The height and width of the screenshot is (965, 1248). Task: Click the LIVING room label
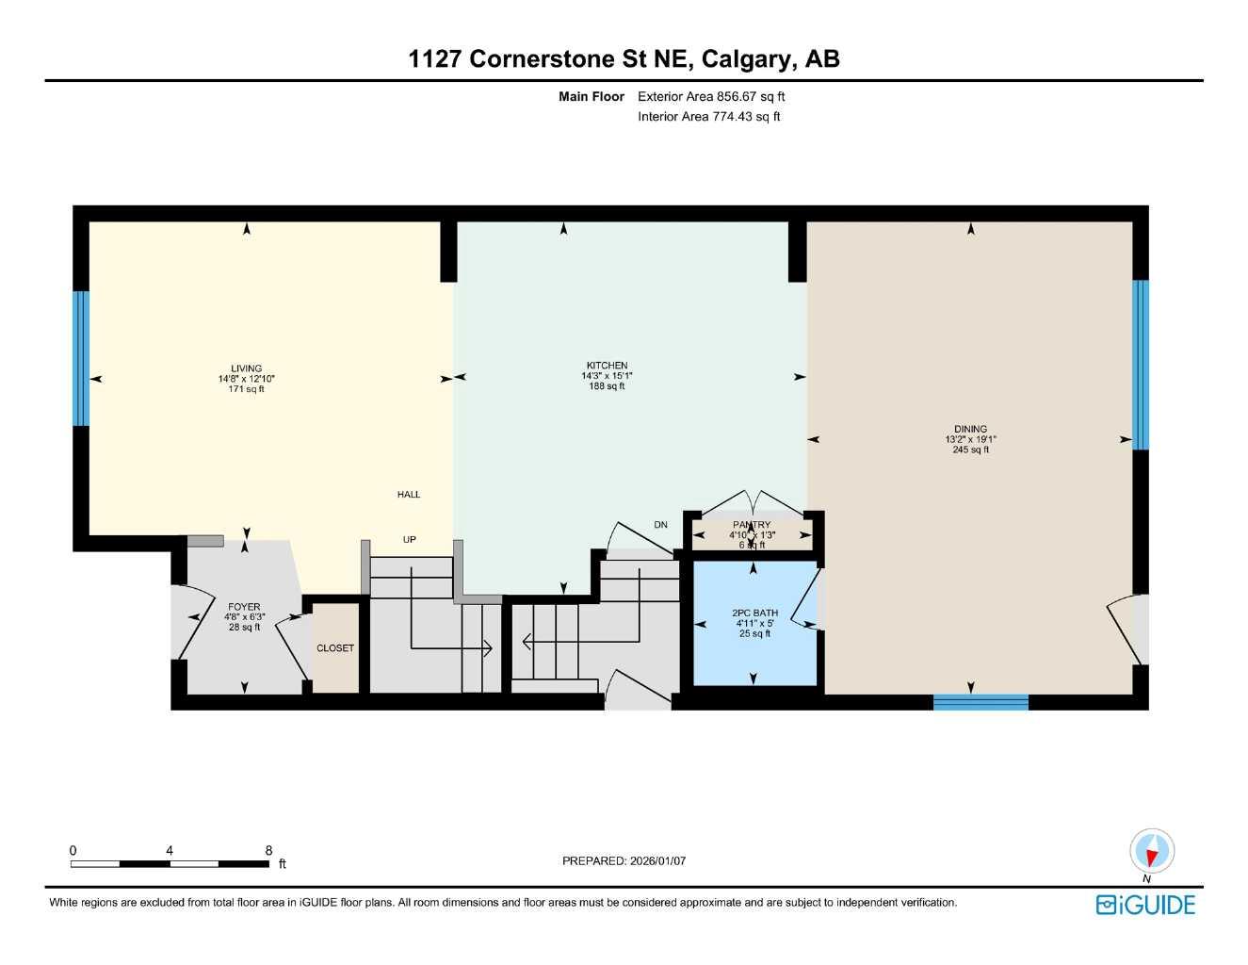[x=246, y=368]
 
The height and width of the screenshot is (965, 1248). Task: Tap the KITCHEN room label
[x=607, y=365]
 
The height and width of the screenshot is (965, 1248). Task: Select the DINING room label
[x=970, y=429]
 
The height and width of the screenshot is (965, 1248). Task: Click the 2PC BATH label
[x=754, y=613]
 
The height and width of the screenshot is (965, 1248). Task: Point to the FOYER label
[x=244, y=607]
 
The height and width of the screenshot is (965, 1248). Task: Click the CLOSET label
[x=335, y=648]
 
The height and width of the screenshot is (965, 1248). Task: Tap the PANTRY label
[x=752, y=525]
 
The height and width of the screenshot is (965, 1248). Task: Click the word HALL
[x=409, y=494]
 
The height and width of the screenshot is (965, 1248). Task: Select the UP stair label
[x=410, y=540]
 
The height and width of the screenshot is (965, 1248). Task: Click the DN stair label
[x=660, y=525]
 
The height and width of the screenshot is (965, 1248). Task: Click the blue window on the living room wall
[x=81, y=358]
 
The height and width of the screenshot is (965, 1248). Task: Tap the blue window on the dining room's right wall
[x=1141, y=365]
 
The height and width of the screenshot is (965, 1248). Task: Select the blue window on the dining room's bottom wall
[x=981, y=701]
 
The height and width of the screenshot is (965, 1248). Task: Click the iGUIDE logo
[x=1145, y=905]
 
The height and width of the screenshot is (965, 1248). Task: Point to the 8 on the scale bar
[x=268, y=850]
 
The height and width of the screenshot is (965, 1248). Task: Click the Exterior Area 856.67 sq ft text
[x=711, y=96]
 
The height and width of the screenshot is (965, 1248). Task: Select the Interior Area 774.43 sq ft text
[x=708, y=117]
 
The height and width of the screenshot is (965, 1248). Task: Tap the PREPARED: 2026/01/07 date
[x=624, y=860]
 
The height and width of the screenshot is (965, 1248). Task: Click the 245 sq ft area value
[x=970, y=450]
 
